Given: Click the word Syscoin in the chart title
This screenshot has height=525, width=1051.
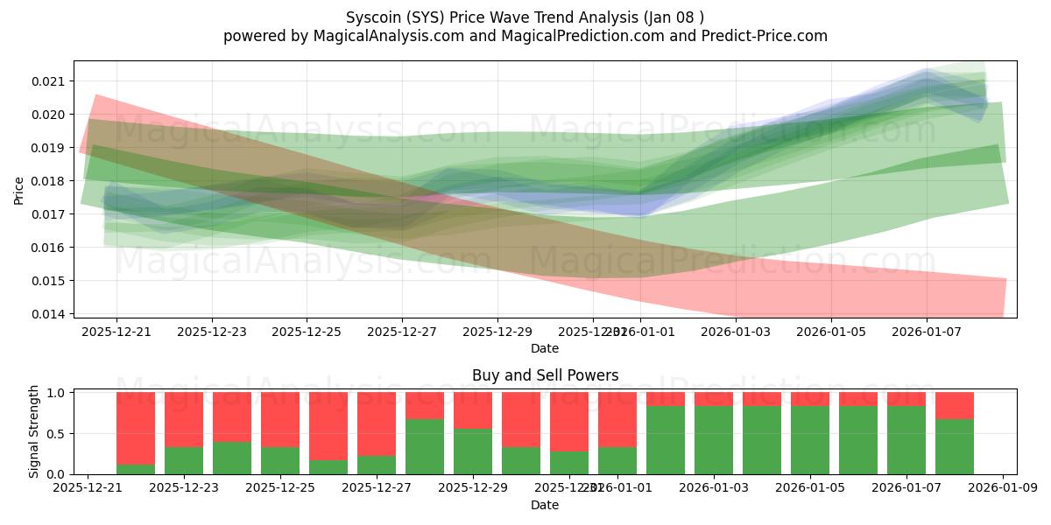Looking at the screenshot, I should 374,17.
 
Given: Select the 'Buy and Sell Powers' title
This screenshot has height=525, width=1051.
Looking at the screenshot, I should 545,375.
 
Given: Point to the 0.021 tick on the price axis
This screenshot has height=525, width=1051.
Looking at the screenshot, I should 49,81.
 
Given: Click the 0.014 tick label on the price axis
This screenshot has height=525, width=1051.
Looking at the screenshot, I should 49,314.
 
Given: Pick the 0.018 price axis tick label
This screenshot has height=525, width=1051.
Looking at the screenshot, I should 49,181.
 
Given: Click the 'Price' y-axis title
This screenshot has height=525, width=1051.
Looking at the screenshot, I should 18,189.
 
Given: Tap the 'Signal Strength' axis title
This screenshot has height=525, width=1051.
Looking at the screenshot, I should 33,431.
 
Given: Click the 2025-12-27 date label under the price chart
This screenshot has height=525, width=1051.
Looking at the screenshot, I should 402,332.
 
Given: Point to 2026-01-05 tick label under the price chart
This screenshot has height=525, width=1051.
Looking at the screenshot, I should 831,332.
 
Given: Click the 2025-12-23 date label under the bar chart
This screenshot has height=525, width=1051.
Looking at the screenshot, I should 184,488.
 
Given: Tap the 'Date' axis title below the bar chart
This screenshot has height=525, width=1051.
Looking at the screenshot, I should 545,505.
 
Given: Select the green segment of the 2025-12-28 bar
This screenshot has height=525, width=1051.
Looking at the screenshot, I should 425,446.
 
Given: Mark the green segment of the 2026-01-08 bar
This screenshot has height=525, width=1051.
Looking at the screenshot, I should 955,446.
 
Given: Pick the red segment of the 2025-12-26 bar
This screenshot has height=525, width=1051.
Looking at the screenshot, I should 328,425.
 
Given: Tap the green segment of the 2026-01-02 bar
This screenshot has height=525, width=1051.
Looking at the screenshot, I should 666,439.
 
